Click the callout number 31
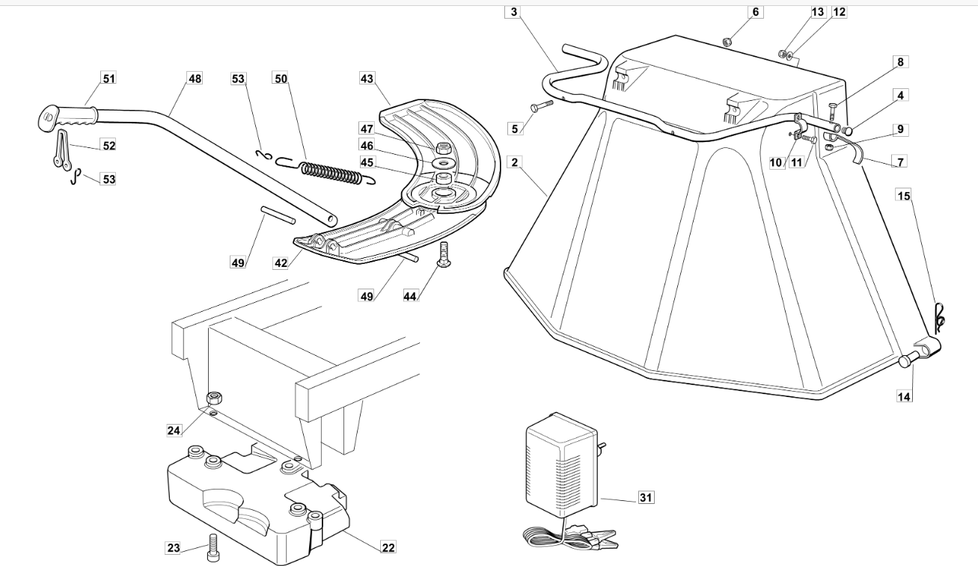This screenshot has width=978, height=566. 646,497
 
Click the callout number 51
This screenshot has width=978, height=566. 109,79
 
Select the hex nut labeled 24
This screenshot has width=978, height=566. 214,398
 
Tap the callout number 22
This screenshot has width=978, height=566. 388,547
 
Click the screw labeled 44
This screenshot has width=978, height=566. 444,253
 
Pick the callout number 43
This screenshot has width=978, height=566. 367,79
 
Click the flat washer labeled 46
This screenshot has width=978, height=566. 444,164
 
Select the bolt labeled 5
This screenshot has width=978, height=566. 541,105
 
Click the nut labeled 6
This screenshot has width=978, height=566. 727,42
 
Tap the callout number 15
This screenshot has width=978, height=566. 904,195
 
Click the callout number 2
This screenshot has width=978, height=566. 515,162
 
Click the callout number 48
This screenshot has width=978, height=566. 195,79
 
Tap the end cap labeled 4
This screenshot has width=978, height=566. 846,131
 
